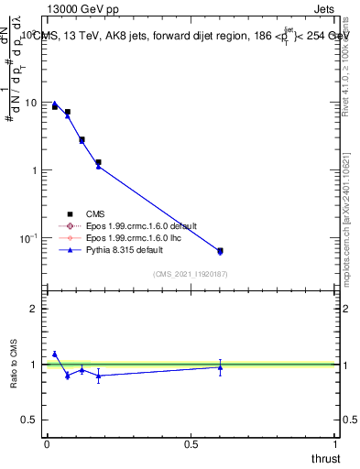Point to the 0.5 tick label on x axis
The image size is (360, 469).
pyautogui.click(x=191, y=444)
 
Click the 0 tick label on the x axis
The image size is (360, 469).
pyautogui.click(x=47, y=444)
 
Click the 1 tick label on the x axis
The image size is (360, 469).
pyautogui.click(x=336, y=444)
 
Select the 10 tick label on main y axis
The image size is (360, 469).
pyautogui.click(x=29, y=103)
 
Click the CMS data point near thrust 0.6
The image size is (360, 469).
pyautogui.click(x=220, y=250)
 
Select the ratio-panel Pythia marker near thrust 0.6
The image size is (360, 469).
pyautogui.click(x=220, y=367)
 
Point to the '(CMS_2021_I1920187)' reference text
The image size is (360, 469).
pyautogui.click(x=191, y=274)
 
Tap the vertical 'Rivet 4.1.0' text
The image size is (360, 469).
pyautogui.click(x=350, y=78)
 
